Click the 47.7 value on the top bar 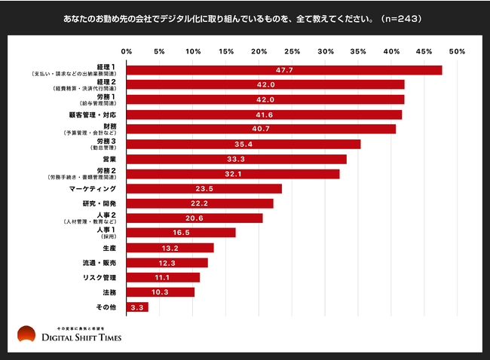pos(284,70)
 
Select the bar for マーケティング pos(204,188)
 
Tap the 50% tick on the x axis pos(456,51)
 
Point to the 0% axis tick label pos(127,51)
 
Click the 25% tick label pos(292,51)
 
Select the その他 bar pos(137,307)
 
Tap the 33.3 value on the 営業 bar pos(236,159)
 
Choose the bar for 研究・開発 pos(200,203)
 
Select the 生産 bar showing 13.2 pos(170,248)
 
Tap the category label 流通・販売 pos(98,262)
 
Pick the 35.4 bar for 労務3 pos(243,144)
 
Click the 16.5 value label pos(181,233)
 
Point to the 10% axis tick pos(193,51)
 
